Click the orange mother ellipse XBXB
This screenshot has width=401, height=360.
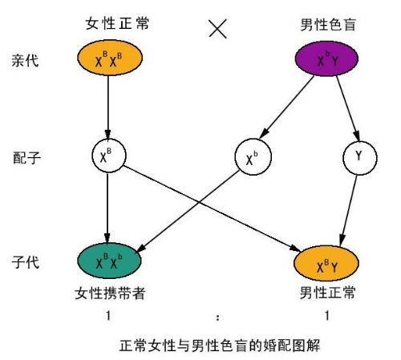(x=108, y=59)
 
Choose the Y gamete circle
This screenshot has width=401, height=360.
(x=357, y=159)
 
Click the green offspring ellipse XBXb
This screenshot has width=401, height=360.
(x=108, y=261)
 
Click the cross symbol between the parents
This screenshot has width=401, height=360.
(x=218, y=29)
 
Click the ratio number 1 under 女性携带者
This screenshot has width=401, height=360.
(x=107, y=316)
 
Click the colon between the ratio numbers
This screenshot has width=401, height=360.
(x=217, y=318)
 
